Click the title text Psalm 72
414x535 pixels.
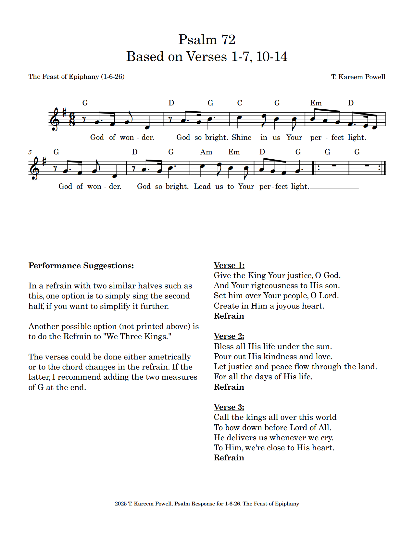pos(207,40)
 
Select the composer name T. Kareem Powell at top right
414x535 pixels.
pos(358,77)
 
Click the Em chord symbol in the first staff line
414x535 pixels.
pos(316,103)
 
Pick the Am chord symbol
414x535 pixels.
pos(206,152)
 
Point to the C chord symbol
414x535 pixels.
pos(240,103)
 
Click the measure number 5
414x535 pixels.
pos(30,152)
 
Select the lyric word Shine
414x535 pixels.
pos(241,138)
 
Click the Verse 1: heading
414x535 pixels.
pos(229,265)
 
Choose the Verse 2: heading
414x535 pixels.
pos(229,336)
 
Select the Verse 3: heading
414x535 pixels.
pos(229,407)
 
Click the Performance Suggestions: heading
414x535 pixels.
pos(81,266)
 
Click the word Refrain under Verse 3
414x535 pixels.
pos(229,458)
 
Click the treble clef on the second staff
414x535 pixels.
pos(35,169)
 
